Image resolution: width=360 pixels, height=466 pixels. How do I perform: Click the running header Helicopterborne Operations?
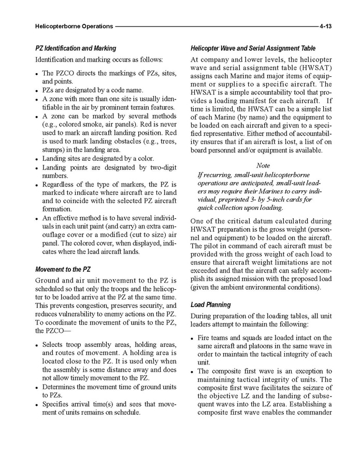click(74, 25)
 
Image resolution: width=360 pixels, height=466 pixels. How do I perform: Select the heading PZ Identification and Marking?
click(76, 48)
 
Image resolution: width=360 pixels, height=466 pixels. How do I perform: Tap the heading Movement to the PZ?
click(63, 270)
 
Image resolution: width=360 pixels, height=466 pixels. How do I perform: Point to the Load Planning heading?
click(211, 304)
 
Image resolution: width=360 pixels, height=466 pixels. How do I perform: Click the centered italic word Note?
click(263, 165)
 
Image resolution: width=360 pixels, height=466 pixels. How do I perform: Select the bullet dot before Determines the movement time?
click(37, 388)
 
